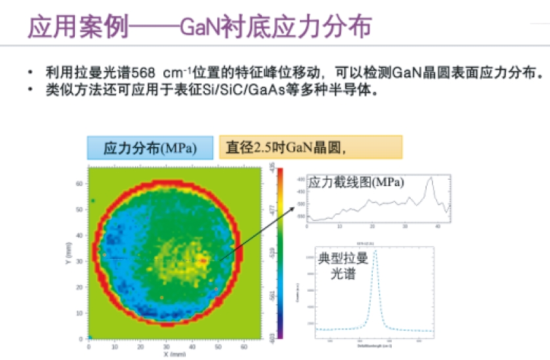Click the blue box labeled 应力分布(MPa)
point(150,148)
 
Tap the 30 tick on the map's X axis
point(167,346)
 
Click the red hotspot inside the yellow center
point(204,260)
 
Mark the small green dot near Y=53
point(93,201)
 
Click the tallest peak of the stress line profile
point(430,178)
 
